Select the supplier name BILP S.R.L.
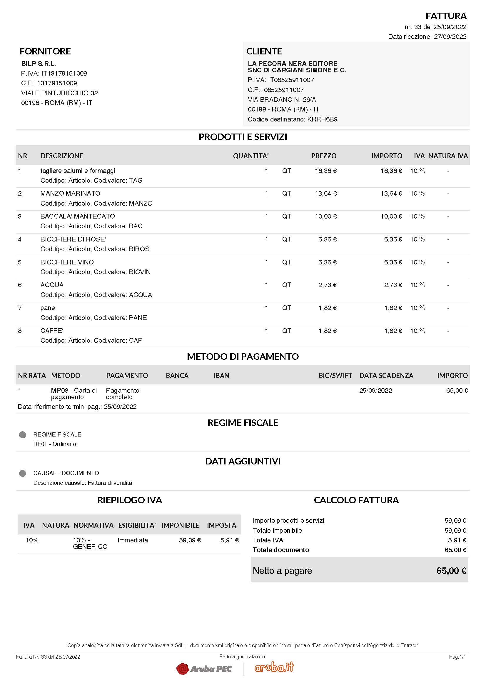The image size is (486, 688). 38,64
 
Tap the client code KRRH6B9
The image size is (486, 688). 322,119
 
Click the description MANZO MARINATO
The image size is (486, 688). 70,193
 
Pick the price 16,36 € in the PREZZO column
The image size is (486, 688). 325,171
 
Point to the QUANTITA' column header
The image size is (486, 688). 250,156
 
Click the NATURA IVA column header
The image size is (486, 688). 448,156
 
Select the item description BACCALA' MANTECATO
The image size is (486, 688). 78,216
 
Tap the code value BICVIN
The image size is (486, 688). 140,272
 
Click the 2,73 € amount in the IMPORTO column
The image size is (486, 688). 393,285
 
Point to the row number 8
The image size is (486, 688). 20,331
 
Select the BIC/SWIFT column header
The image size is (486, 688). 335,375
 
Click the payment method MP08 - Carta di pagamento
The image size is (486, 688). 74,394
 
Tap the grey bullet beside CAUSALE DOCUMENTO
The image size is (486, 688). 22,473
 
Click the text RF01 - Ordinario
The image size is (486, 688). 54,444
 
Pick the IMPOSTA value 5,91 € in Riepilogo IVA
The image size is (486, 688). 229,540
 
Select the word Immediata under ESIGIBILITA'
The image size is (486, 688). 133,540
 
